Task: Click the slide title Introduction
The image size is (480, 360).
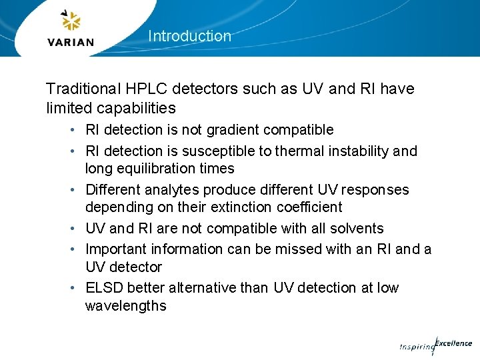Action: pos(189,36)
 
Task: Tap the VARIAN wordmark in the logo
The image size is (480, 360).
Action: pos(71,41)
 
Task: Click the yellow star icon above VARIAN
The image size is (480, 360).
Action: pos(71,21)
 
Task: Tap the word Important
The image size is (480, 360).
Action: pos(117,249)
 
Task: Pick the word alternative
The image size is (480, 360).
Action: pos(201,288)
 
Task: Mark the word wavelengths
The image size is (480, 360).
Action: pos(125,306)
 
